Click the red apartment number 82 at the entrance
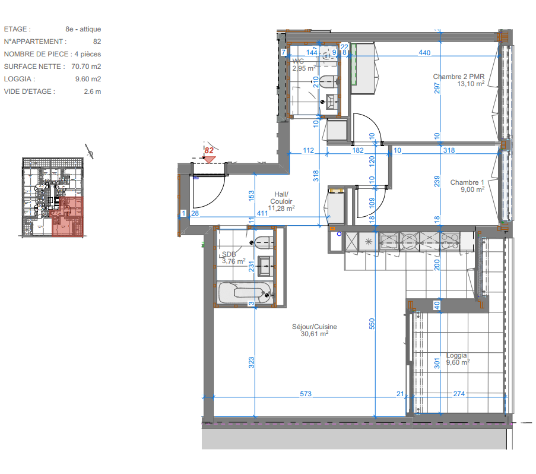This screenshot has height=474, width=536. click(x=209, y=150)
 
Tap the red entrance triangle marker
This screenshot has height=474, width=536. click(x=209, y=159)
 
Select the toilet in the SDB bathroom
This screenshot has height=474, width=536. click(x=264, y=242)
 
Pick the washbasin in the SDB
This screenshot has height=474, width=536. click(x=265, y=266)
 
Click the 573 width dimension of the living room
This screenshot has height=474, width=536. click(x=306, y=394)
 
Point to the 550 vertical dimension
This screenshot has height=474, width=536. click(x=372, y=324)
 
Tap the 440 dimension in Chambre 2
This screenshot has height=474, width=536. click(x=424, y=53)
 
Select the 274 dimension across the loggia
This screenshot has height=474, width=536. click(x=459, y=394)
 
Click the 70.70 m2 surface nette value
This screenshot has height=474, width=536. click(x=86, y=67)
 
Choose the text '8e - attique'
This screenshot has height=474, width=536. click(x=83, y=29)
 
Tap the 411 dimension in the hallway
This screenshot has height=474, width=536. click(x=262, y=213)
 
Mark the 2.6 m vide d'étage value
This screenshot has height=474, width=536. click(x=92, y=91)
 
